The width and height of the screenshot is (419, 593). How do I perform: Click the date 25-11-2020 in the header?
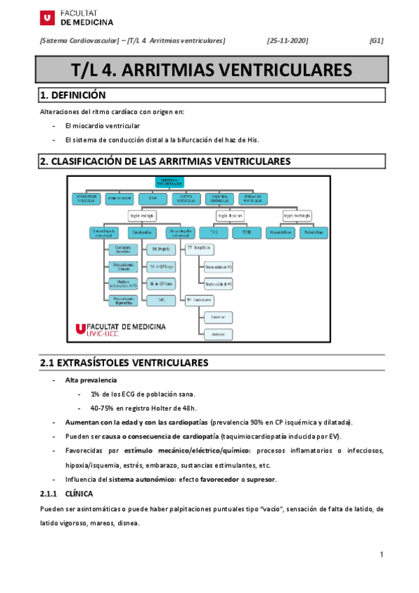pyautogui.click(x=288, y=41)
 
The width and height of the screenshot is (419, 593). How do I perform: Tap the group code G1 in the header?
pyautogui.click(x=376, y=41)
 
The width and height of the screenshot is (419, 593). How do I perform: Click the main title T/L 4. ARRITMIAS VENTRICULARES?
pyautogui.click(x=211, y=70)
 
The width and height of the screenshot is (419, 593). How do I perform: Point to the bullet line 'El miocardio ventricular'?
pyautogui.click(x=102, y=126)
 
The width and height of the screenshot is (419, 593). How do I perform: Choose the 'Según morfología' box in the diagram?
pyautogui.click(x=297, y=215)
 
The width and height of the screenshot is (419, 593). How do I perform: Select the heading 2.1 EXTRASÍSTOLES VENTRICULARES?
pyautogui.click(x=124, y=363)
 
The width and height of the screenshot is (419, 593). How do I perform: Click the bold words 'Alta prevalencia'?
pyautogui.click(x=91, y=380)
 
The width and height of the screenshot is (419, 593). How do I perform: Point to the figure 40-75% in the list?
pyautogui.click(x=103, y=408)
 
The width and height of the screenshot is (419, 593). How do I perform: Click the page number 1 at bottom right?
pyautogui.click(x=382, y=555)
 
